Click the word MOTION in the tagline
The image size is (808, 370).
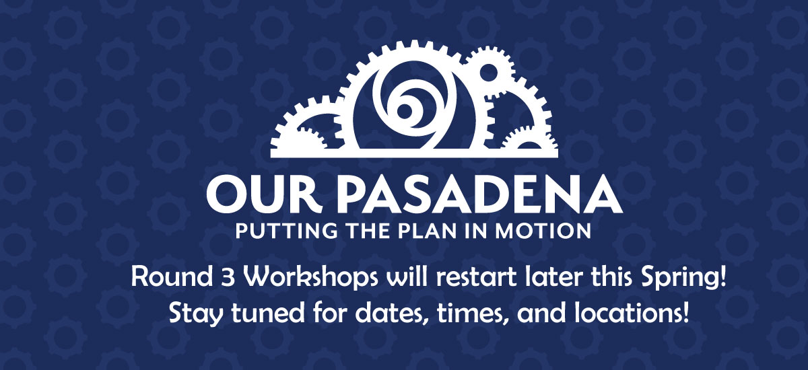543,231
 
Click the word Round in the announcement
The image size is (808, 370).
172,277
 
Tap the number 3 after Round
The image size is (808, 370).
228,278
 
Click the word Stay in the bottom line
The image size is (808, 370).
195,314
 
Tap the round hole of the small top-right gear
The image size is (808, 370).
489,73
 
